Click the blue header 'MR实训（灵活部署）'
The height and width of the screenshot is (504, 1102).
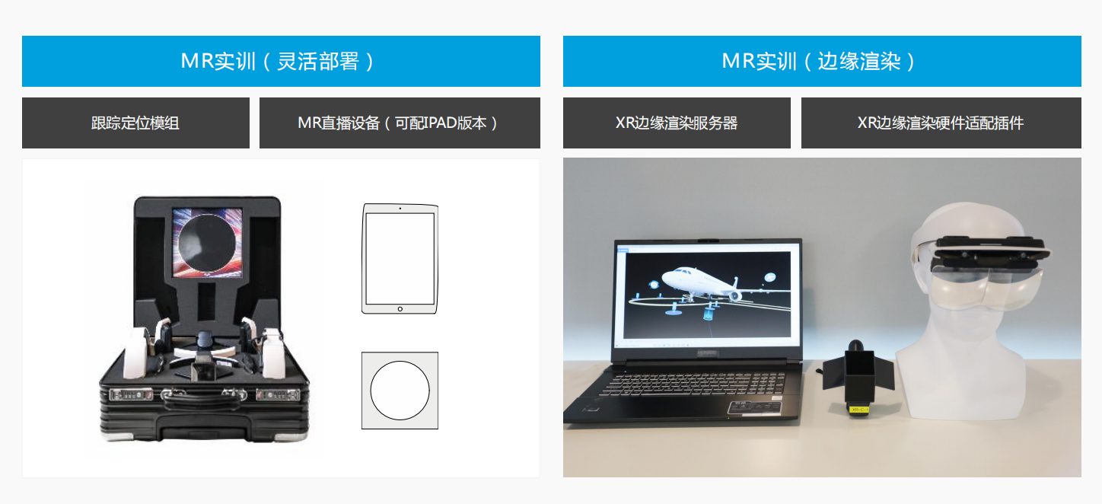pos(281,61)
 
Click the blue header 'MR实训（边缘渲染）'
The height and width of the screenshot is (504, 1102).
pos(822,61)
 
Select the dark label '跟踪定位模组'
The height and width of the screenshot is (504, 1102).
pos(135,123)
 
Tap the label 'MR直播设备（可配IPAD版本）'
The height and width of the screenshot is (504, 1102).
pos(400,123)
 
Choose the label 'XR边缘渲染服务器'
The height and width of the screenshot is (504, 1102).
pos(677,123)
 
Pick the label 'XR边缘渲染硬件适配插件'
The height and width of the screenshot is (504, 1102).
pos(941,123)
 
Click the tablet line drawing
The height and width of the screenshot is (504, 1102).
pos(400,258)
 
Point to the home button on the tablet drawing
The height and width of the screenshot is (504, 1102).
pos(400,309)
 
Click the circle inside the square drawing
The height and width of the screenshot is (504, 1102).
pos(400,391)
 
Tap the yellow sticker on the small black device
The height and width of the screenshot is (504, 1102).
pos(859,410)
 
